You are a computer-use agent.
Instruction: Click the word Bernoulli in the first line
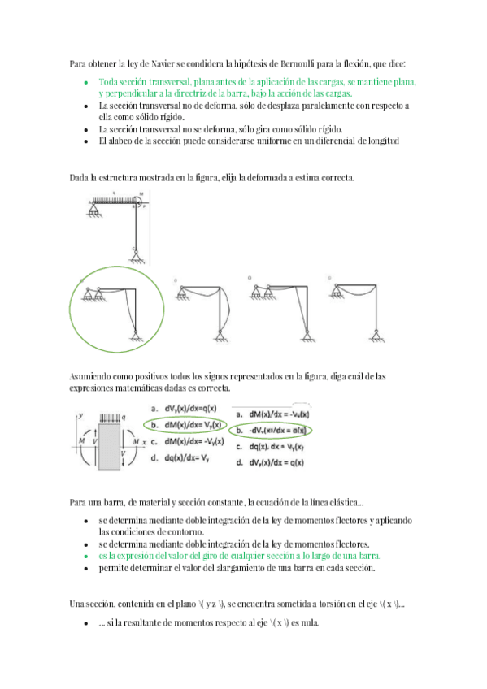tap(300, 63)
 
